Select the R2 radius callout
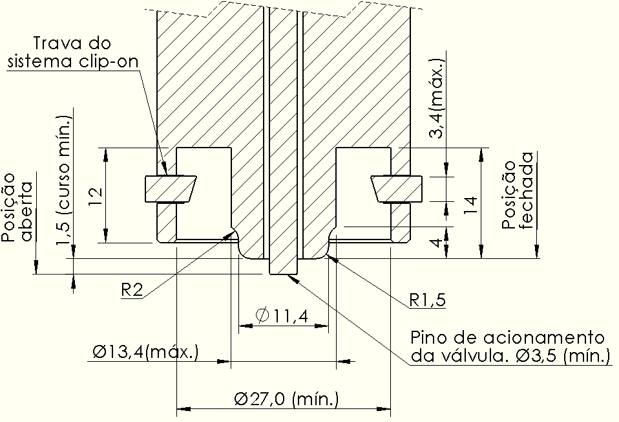131,291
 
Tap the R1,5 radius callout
428,300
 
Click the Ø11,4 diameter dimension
282,315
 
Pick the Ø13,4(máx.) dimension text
145,351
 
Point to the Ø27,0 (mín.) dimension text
286,399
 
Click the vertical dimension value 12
96,195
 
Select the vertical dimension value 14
471,205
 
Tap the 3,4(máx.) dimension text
437,98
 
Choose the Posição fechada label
518,191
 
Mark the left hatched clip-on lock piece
170,188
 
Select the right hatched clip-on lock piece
396,188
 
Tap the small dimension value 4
437,242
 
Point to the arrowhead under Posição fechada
537,252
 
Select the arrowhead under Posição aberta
36,267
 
